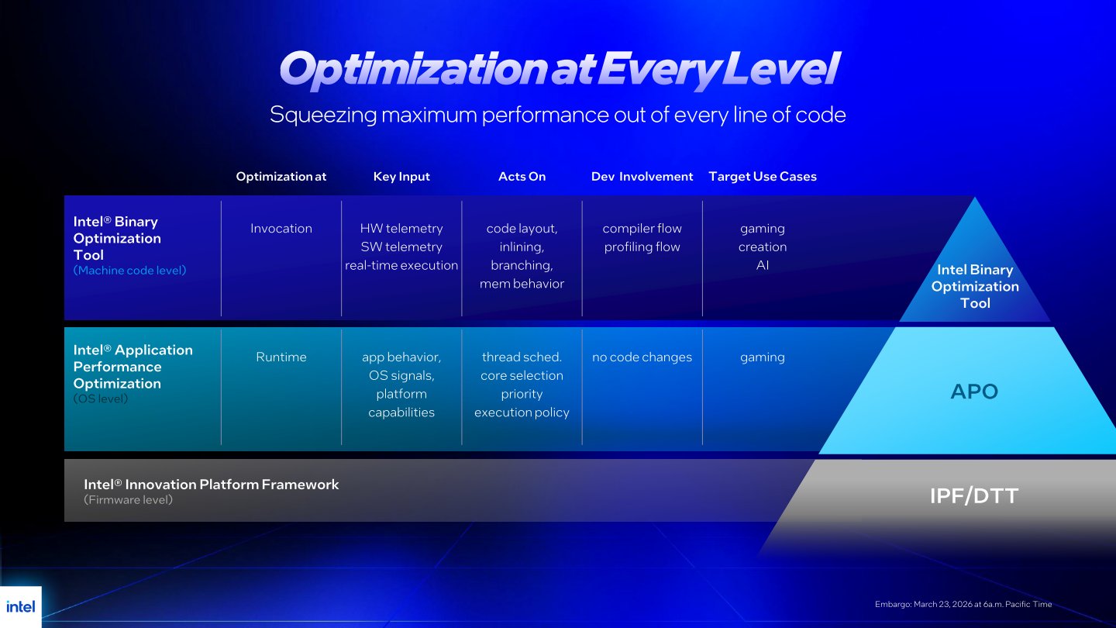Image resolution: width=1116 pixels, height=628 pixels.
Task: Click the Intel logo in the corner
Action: [21, 606]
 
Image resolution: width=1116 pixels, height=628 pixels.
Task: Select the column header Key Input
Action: [401, 177]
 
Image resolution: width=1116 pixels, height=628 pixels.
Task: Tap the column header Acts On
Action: [522, 177]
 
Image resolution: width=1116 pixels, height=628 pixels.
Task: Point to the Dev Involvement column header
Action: [642, 177]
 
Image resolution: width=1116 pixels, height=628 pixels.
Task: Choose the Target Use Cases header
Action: [763, 177]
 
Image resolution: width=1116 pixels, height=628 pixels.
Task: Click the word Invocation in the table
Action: [281, 229]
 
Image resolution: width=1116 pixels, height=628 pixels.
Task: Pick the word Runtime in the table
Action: [281, 357]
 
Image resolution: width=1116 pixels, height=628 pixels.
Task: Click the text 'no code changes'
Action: [642, 357]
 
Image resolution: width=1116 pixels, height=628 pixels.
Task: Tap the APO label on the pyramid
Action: [974, 392]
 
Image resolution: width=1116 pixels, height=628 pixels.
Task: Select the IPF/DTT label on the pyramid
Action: [974, 496]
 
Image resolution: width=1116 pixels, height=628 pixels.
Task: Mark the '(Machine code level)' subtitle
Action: [130, 271]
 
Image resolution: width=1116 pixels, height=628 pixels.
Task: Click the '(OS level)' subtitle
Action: [101, 399]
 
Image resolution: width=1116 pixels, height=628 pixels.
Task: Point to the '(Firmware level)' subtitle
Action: [129, 500]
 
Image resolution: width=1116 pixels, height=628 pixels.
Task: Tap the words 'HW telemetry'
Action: [401, 229]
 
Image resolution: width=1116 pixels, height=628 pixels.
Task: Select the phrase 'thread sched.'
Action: [522, 357]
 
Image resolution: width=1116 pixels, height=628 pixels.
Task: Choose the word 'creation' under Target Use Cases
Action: [763, 247]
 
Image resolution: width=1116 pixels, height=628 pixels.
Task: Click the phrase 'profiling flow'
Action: [642, 247]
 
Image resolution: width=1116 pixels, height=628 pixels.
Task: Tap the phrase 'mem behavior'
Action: [522, 284]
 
